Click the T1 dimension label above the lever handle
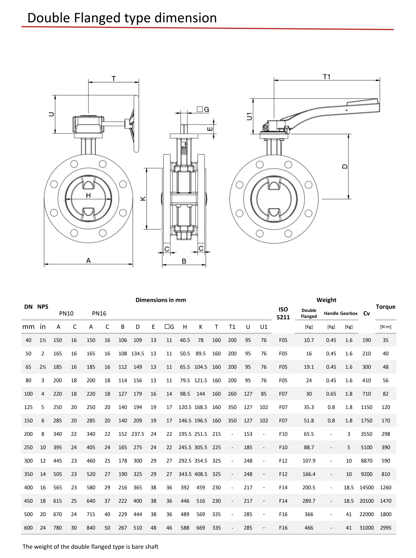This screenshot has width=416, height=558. (x=326, y=77)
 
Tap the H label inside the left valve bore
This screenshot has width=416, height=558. (x=88, y=195)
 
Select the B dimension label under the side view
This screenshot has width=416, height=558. (x=184, y=261)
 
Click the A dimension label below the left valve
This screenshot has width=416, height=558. (x=88, y=260)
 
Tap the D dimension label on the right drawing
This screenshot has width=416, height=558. (x=345, y=166)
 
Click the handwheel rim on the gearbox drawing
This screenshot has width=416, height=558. (x=136, y=124)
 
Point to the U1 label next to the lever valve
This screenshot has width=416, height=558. (x=249, y=116)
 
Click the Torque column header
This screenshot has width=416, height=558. (x=385, y=307)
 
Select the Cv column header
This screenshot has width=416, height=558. (x=366, y=313)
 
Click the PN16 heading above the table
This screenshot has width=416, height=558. (x=99, y=313)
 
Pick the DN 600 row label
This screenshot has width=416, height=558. (x=28, y=528)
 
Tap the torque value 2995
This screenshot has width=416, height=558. (x=386, y=528)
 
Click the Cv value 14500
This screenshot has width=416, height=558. (x=367, y=487)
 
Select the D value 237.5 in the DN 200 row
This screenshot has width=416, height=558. (x=138, y=434)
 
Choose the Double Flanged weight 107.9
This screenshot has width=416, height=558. (x=309, y=461)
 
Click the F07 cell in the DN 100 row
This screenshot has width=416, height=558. (x=283, y=394)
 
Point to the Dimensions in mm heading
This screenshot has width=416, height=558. (x=161, y=300)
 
